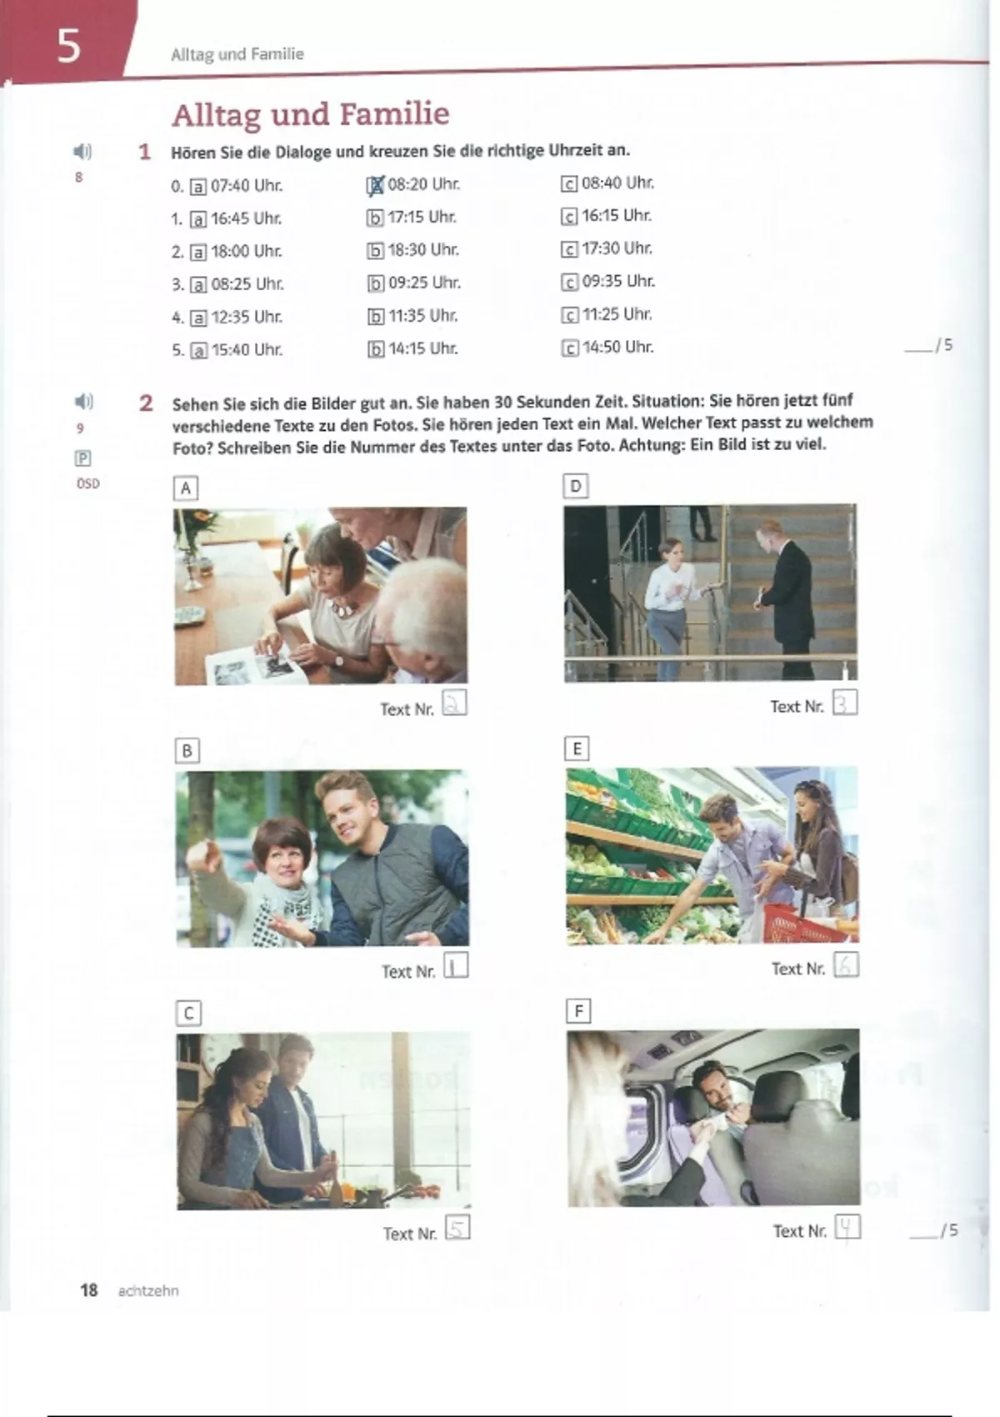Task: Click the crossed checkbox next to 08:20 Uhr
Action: tap(375, 185)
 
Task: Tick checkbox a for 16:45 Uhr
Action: tap(198, 219)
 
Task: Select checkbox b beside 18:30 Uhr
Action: tap(375, 251)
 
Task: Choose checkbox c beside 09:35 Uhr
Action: tap(569, 282)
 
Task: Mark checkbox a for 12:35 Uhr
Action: tap(198, 318)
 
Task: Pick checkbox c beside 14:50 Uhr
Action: tap(569, 348)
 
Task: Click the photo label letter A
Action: tap(185, 488)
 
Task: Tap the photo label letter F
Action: tap(578, 1012)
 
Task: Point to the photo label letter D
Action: tap(576, 486)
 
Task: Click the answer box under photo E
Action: tap(847, 964)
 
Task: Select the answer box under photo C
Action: tap(457, 1227)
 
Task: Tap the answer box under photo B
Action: tap(455, 966)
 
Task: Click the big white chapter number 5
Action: tap(69, 46)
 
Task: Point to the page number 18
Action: tap(88, 1289)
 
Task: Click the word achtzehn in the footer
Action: tap(148, 1290)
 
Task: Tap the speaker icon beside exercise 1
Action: tap(82, 151)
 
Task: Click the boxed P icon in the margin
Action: tap(82, 458)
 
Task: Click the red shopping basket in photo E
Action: tap(810, 923)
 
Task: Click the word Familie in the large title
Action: tap(394, 114)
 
